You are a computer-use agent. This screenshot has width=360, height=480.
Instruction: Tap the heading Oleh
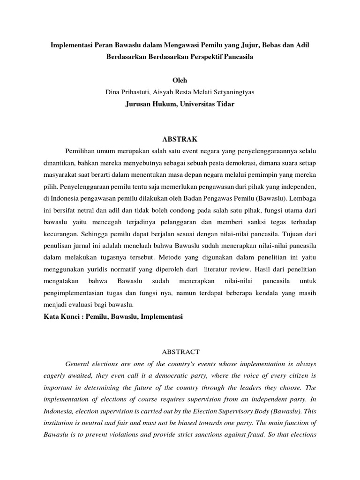pos(180,81)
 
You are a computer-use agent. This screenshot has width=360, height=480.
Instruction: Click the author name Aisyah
pos(164,92)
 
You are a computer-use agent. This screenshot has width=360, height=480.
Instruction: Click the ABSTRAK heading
pos(180,139)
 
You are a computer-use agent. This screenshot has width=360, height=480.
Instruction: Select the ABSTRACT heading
pos(180,352)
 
